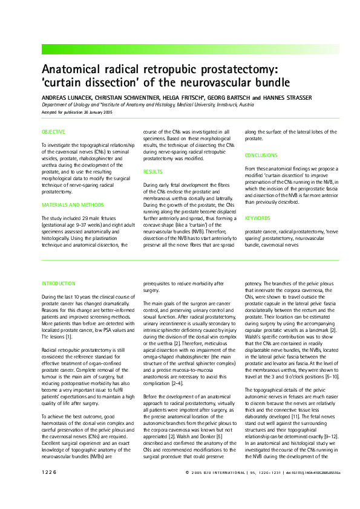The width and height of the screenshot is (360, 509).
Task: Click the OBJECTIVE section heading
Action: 53,132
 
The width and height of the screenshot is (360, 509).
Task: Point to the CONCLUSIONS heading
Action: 261,155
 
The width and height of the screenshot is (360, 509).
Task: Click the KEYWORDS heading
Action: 257,218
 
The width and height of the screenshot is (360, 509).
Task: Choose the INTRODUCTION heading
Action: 59,283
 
